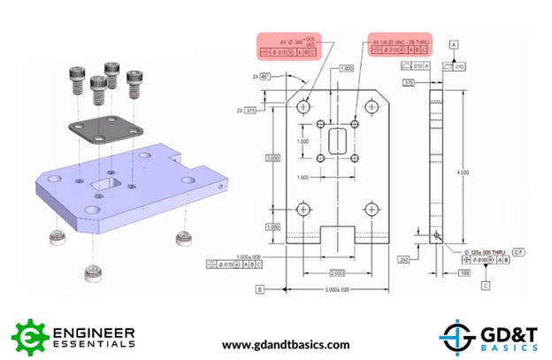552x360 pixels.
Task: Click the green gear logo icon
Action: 30,336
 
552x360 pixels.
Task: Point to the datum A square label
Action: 454,43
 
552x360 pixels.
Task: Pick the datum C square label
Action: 486,285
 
